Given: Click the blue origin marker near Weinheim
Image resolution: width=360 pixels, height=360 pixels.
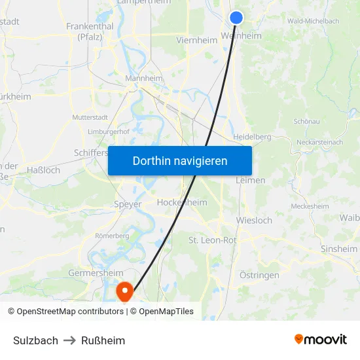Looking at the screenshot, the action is coord(236,18).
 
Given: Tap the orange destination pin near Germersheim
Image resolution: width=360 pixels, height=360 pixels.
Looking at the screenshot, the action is coord(124,289).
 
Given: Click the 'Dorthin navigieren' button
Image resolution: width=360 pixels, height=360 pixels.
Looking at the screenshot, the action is coord(180,160).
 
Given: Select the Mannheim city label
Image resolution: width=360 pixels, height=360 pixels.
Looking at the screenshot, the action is coord(144,79).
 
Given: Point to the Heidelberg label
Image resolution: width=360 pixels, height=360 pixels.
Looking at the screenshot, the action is coord(252,137).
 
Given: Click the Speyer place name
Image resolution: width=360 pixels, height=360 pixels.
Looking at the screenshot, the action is coord(128,204).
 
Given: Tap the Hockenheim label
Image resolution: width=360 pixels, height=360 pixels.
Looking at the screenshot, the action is coord(182,203).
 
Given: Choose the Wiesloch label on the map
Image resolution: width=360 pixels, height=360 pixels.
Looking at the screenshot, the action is coord(254,221).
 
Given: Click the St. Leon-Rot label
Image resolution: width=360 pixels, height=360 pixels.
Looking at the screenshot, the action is coord(213,240).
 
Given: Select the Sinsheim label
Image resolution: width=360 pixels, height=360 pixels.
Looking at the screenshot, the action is coord(339,249).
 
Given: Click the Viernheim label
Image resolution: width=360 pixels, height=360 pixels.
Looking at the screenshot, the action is coord(196,40).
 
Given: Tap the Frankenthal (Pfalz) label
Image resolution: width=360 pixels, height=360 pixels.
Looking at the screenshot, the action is coord(90,31).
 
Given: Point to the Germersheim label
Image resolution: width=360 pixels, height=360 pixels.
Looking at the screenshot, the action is coord(96,273).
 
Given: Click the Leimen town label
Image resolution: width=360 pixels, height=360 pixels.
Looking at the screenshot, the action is coord(251,180).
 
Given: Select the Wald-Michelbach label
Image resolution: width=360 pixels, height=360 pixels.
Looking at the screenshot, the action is coord(313,21).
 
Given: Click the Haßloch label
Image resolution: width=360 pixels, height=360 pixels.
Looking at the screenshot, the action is coord(44,170).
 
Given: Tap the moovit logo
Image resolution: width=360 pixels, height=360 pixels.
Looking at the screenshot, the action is coord(321,339).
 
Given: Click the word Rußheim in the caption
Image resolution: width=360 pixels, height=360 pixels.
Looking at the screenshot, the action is coord(103,340).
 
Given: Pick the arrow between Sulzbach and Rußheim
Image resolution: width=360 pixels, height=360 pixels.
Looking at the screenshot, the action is coord(70,340).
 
